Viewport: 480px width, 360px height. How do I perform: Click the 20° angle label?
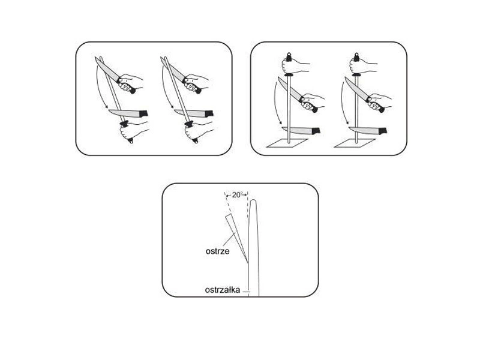point(237,194)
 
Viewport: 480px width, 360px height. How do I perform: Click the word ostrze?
point(217,251)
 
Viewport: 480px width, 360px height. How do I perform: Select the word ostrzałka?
point(223,290)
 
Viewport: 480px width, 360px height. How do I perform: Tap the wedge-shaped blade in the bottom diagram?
point(236,236)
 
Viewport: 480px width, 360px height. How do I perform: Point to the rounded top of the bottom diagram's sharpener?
point(253,202)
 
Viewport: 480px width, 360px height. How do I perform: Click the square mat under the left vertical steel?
point(287,143)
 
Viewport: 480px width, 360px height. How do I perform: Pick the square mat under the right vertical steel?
point(355,143)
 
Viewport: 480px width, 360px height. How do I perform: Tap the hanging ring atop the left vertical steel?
point(289,56)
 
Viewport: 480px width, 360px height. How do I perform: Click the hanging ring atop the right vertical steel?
point(356,56)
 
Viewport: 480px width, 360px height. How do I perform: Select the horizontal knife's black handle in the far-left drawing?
point(143,113)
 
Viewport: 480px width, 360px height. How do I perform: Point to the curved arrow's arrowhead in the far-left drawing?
point(106,107)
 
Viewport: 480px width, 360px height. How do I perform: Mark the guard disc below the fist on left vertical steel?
point(289,74)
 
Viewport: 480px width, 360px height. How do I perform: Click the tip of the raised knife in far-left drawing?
point(95,57)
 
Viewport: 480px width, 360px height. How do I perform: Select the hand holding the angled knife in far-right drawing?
point(379,101)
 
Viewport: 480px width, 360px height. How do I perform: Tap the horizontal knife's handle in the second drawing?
point(209,113)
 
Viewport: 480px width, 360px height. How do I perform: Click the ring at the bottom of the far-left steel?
point(131,140)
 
